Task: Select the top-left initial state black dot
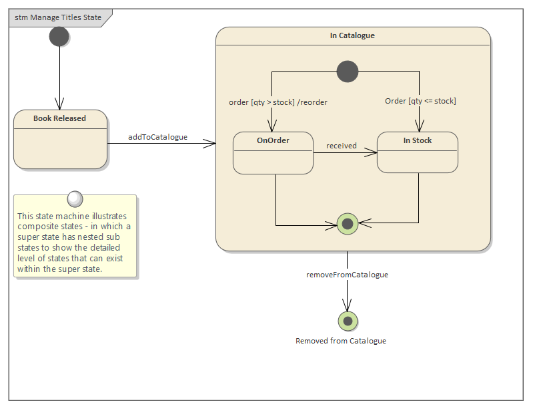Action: (59, 37)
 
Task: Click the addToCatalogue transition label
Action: (157, 137)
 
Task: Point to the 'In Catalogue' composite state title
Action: (352, 35)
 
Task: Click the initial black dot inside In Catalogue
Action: (348, 70)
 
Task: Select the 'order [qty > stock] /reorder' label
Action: (278, 102)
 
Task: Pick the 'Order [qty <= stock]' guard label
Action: (420, 101)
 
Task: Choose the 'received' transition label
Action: (341, 146)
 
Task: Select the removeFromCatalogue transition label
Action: (347, 275)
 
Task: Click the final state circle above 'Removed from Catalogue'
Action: (348, 321)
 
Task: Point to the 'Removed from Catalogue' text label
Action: (341, 341)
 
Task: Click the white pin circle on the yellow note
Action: (75, 198)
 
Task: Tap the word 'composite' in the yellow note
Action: (37, 226)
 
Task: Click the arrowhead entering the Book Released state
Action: (60, 106)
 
